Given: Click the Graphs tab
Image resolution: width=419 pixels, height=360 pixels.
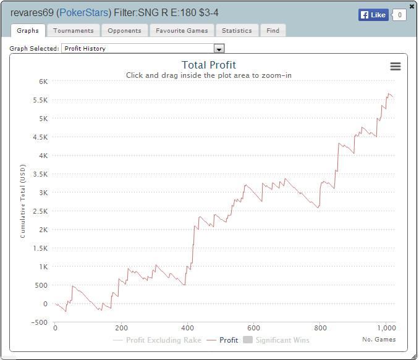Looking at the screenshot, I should tap(28, 30).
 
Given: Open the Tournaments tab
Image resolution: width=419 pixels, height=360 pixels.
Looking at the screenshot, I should tap(73, 30).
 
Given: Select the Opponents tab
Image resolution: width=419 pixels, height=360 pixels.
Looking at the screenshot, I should tap(124, 30).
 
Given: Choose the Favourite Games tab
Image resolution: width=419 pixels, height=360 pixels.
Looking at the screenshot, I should tap(182, 30).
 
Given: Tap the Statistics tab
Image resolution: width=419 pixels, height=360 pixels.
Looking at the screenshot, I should tap(237, 30).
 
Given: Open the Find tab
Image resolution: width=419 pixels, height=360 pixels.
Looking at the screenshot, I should tap(273, 30).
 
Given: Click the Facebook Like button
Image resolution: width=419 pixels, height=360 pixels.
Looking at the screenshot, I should tap(373, 15).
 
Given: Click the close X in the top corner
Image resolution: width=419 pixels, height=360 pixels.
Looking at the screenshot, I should tap(412, 6).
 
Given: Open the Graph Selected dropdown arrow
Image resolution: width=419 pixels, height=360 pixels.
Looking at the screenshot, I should tap(218, 48).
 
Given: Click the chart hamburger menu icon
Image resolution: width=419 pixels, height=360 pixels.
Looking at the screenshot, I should tap(396, 67).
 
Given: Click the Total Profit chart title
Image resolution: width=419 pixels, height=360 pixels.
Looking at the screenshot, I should tap(209, 65).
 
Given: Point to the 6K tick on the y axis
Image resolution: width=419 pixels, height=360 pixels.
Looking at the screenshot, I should tap(43, 82).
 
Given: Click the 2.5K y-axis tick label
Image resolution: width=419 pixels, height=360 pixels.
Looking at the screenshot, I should tap(40, 211).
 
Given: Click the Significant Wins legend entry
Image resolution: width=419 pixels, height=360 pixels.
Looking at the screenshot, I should tap(277, 340).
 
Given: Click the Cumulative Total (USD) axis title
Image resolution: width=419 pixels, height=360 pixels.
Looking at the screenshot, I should tap(22, 202).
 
